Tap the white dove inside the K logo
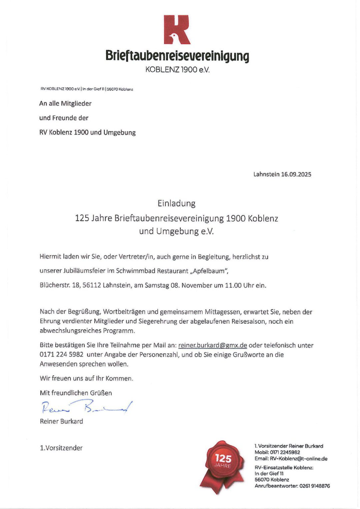pyautogui.click(x=173, y=37)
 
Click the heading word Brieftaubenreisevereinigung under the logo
pyautogui.click(x=177, y=55)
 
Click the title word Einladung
pyautogui.click(x=176, y=203)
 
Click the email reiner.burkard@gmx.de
pyautogui.click(x=212, y=345)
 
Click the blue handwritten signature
pyautogui.click(x=86, y=407)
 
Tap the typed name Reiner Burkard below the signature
pyautogui.click(x=61, y=421)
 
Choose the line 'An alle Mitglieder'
pyautogui.click(x=65, y=104)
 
